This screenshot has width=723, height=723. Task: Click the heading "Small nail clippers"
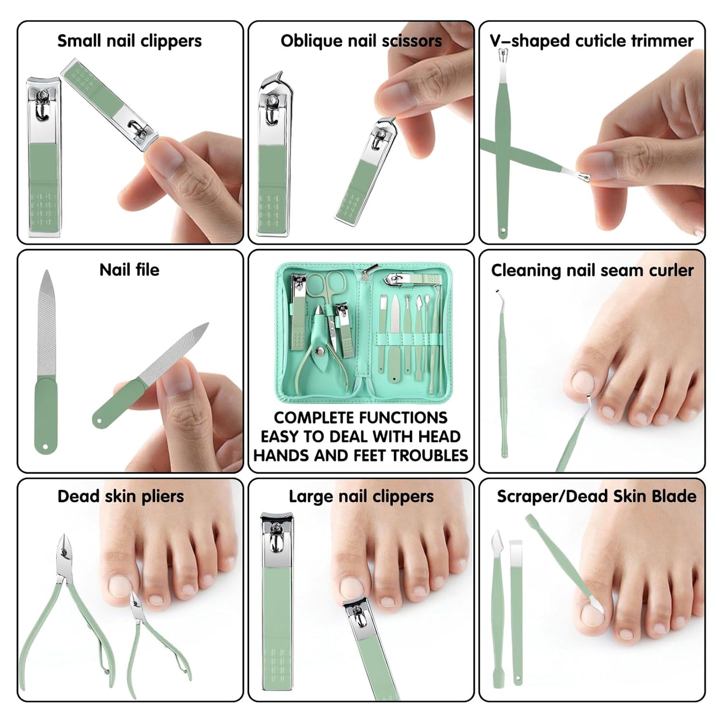coord(129,41)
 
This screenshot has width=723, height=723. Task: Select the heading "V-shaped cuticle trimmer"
coord(592,41)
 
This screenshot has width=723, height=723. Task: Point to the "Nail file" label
coord(129,270)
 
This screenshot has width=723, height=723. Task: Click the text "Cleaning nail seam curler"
coord(592,271)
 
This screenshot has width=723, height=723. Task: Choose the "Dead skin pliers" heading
coord(121,496)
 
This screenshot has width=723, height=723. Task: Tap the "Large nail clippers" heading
coord(361,496)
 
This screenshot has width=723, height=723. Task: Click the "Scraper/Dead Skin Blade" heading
coord(596,496)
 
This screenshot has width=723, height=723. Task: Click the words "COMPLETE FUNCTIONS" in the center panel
coord(360,418)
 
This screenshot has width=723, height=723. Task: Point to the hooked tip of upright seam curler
coord(498,293)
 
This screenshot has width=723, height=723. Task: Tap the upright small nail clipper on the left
coord(44,158)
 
